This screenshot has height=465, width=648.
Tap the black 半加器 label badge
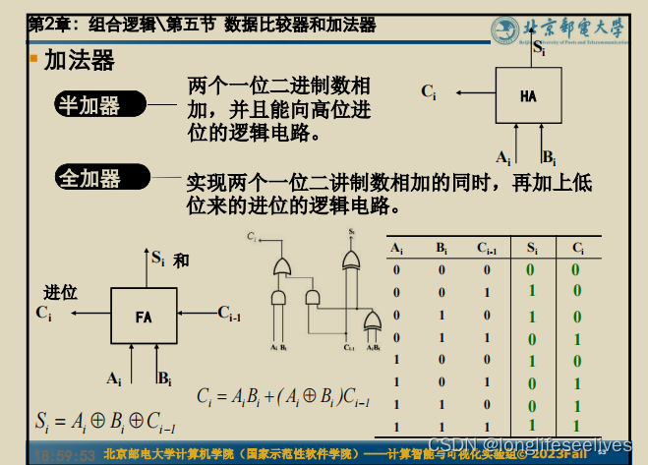pos(99,102)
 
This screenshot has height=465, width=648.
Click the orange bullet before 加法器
pos(33,60)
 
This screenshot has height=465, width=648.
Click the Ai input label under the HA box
pos(503,157)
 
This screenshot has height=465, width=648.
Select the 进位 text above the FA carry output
pos(60,292)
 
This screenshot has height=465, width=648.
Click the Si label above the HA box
pos(538,46)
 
